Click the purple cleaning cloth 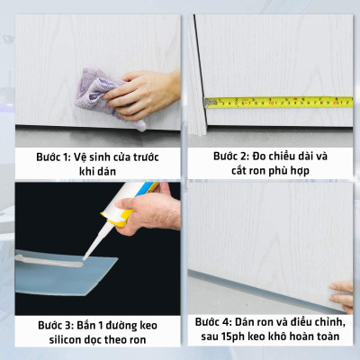(x=96, y=90)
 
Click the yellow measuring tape (x=279, y=102)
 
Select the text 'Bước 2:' (x=236, y=156)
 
